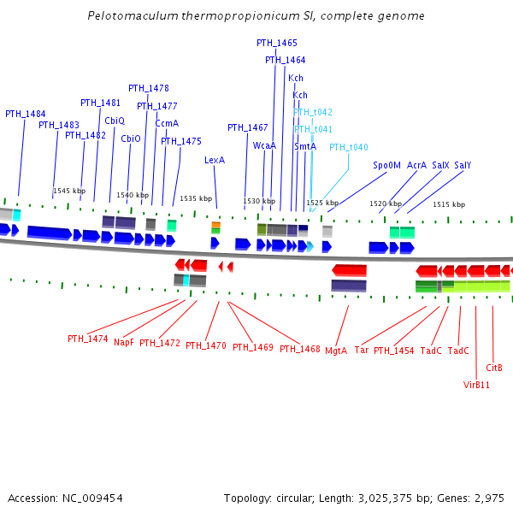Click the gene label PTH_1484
point(26,114)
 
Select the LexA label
point(215,160)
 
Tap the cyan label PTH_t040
point(349,147)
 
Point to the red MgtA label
point(336,350)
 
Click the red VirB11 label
point(476,385)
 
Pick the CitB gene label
point(494,368)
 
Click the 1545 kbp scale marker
point(69,191)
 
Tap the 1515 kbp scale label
point(449,204)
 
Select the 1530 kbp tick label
point(259,202)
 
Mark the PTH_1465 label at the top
point(277,43)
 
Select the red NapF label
point(124,342)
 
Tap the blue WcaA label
point(264,146)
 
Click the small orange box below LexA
point(216,225)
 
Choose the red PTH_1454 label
point(393,351)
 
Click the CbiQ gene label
point(115,121)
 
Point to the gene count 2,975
point(491,498)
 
